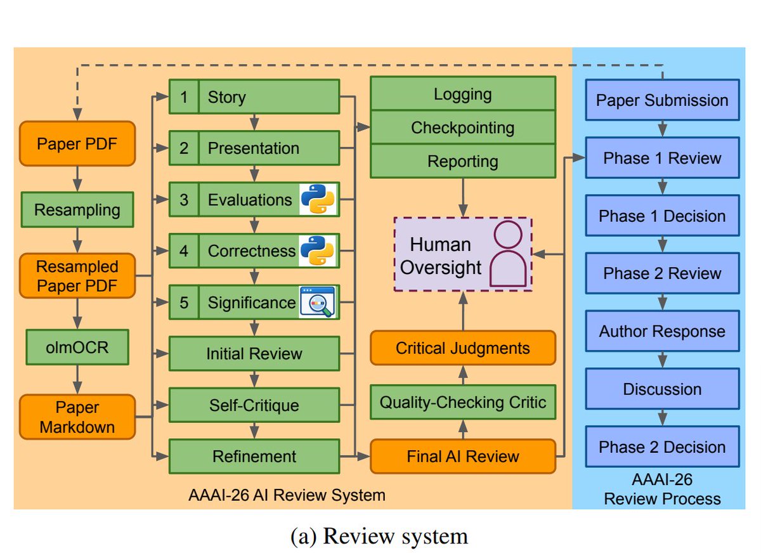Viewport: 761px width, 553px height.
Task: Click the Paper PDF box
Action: coord(77,143)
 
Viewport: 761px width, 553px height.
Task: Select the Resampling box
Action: coord(77,209)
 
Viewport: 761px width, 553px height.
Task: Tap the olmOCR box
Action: coord(77,347)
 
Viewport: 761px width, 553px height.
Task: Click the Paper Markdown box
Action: coord(77,417)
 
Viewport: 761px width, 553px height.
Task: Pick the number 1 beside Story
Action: coord(184,97)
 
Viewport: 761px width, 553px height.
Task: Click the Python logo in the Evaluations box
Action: coord(318,199)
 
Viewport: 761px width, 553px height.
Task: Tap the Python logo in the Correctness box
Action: coord(318,250)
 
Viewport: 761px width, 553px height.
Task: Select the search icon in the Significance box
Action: coord(318,302)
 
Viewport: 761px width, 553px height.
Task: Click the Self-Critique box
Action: coord(254,405)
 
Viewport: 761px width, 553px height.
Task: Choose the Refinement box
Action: coord(254,456)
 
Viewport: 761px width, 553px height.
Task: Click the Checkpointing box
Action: coord(463,127)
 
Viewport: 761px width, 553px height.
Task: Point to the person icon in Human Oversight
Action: coord(508,254)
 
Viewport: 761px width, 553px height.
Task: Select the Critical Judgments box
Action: coord(463,348)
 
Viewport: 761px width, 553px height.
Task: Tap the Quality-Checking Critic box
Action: coord(463,402)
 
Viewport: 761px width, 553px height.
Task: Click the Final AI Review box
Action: coord(463,456)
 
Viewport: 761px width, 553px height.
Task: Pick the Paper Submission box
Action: coord(662,100)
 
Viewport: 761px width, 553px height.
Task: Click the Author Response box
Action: coord(662,331)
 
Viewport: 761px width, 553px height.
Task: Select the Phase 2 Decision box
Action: coord(662,446)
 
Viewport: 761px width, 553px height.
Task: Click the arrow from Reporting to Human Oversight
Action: coord(463,197)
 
